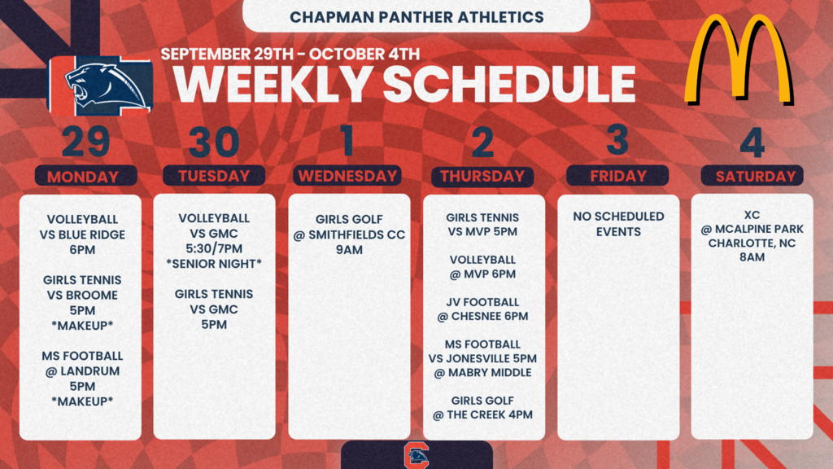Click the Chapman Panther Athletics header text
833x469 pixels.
(x=416, y=17)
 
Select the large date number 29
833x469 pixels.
(x=86, y=142)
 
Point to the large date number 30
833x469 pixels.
(x=214, y=142)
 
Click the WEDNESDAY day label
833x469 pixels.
(x=347, y=176)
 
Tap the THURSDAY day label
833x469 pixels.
(x=482, y=176)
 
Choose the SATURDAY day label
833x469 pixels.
(x=756, y=177)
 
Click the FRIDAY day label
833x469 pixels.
(x=618, y=176)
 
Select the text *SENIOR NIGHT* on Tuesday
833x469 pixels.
(x=214, y=264)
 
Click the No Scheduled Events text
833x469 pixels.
(x=618, y=224)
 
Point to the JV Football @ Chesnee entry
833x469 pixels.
(x=482, y=309)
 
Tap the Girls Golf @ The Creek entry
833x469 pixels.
(x=482, y=407)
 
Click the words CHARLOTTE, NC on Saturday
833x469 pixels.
(x=752, y=243)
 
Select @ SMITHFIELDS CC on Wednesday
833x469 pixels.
(x=349, y=234)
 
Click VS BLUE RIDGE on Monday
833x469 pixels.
(x=82, y=234)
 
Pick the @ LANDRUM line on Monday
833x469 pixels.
(x=82, y=371)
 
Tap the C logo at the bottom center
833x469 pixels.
(x=416, y=456)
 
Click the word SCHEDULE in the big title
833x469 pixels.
(x=509, y=84)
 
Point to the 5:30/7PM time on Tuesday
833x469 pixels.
(x=214, y=248)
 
